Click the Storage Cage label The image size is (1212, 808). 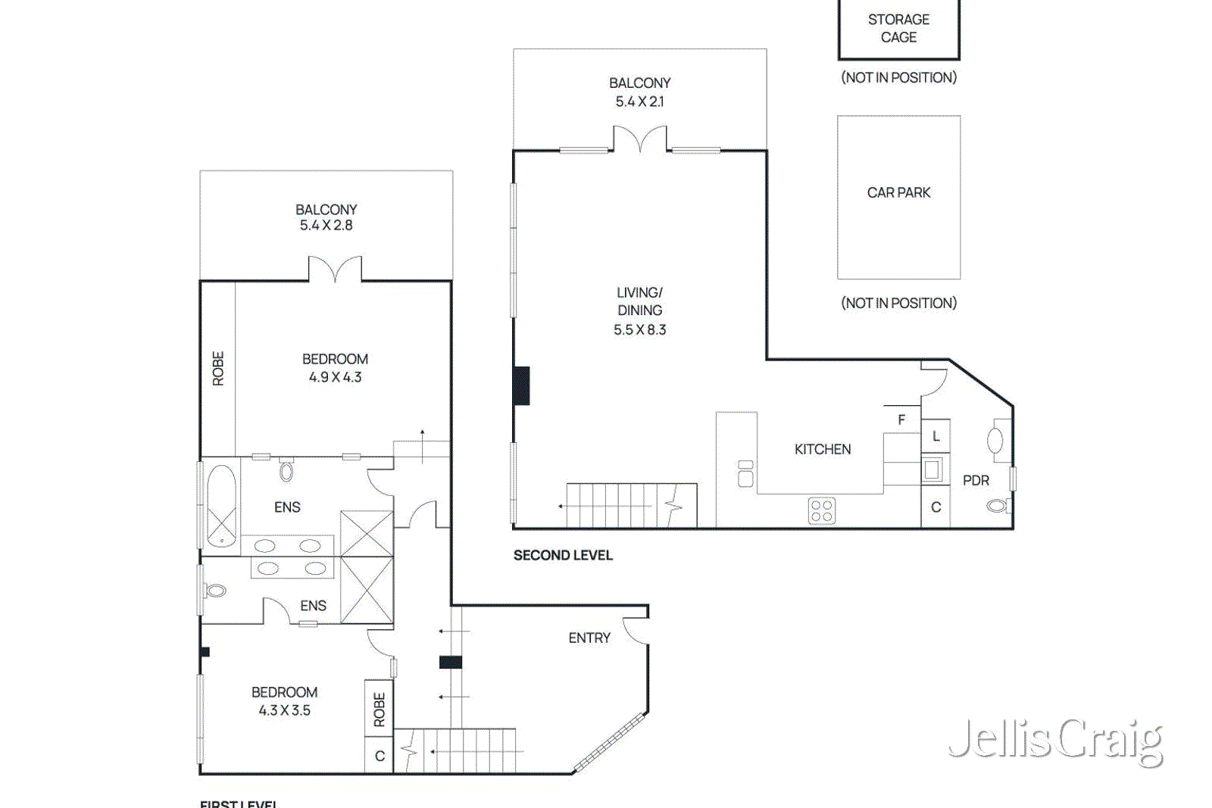coord(898,28)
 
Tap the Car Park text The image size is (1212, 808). coord(898,192)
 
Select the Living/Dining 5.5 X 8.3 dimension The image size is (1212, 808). coord(639,329)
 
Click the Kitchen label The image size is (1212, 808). coord(823,449)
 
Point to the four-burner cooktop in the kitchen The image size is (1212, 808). coord(822,510)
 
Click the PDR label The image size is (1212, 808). coord(976,480)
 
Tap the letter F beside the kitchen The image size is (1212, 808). coord(901,420)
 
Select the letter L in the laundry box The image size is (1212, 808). coord(936,436)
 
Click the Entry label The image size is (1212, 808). coord(589,638)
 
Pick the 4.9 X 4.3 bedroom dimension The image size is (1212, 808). coord(335,377)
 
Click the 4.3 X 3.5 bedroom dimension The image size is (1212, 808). coord(284,710)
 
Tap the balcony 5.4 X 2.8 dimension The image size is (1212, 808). coord(326,225)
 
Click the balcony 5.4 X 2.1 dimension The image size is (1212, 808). coord(639,101)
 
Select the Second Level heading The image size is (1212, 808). coord(563,555)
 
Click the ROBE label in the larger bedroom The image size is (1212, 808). coord(218,369)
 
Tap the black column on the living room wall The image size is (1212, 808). coord(521,385)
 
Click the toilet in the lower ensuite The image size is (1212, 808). coord(215,590)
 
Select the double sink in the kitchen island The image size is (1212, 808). coord(745,474)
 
